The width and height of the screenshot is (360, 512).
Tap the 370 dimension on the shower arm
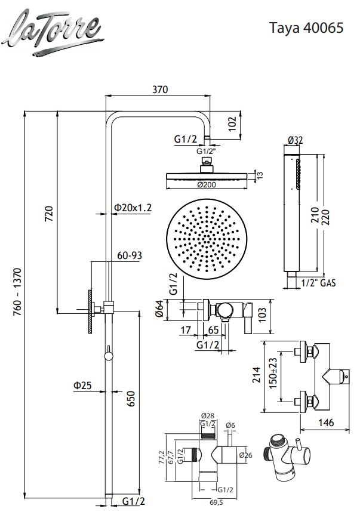[x=159, y=90]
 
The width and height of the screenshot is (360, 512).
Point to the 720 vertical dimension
[x=50, y=212]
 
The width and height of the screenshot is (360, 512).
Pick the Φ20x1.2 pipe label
[x=133, y=208]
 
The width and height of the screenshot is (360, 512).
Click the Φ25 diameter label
[x=82, y=385]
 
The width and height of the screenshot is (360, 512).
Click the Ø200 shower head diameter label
[x=205, y=184]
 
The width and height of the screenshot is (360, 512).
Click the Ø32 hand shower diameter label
[x=296, y=140]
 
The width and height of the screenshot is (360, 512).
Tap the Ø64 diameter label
[x=159, y=309]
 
